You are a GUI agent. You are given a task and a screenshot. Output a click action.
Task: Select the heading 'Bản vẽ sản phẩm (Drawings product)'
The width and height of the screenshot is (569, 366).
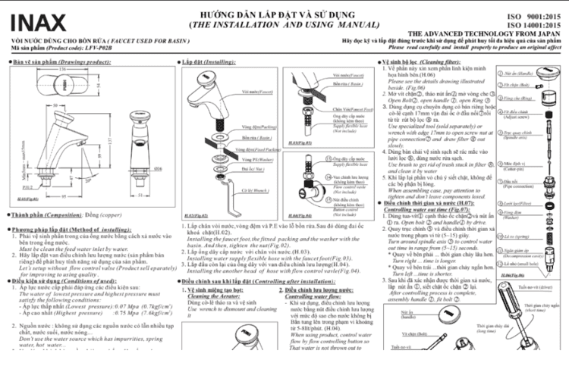tap(51, 60)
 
